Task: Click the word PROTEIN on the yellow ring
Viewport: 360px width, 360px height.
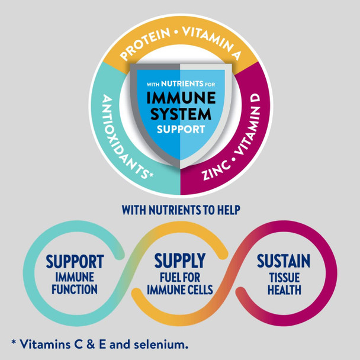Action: (x=144, y=44)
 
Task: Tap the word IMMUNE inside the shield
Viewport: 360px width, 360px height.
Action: (x=181, y=98)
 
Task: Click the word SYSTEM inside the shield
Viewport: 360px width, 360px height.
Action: (x=181, y=114)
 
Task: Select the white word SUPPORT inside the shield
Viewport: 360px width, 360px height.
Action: (x=181, y=130)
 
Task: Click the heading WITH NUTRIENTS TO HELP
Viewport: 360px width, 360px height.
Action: (x=181, y=210)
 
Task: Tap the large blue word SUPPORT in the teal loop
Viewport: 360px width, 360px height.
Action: (x=75, y=262)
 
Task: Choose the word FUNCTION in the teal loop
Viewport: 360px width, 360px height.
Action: (x=75, y=290)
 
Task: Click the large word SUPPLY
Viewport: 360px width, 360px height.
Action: (x=180, y=261)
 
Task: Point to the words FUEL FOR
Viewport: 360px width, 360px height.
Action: (x=180, y=277)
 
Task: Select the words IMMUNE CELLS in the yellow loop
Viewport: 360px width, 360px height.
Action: (x=180, y=290)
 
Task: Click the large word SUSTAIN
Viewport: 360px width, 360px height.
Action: (x=284, y=261)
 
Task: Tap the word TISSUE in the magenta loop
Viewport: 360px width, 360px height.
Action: (x=284, y=277)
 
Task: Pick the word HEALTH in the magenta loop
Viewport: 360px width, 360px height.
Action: (x=284, y=290)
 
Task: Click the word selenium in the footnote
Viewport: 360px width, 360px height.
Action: (x=161, y=345)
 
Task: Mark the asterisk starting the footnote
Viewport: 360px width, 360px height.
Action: (x=14, y=343)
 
